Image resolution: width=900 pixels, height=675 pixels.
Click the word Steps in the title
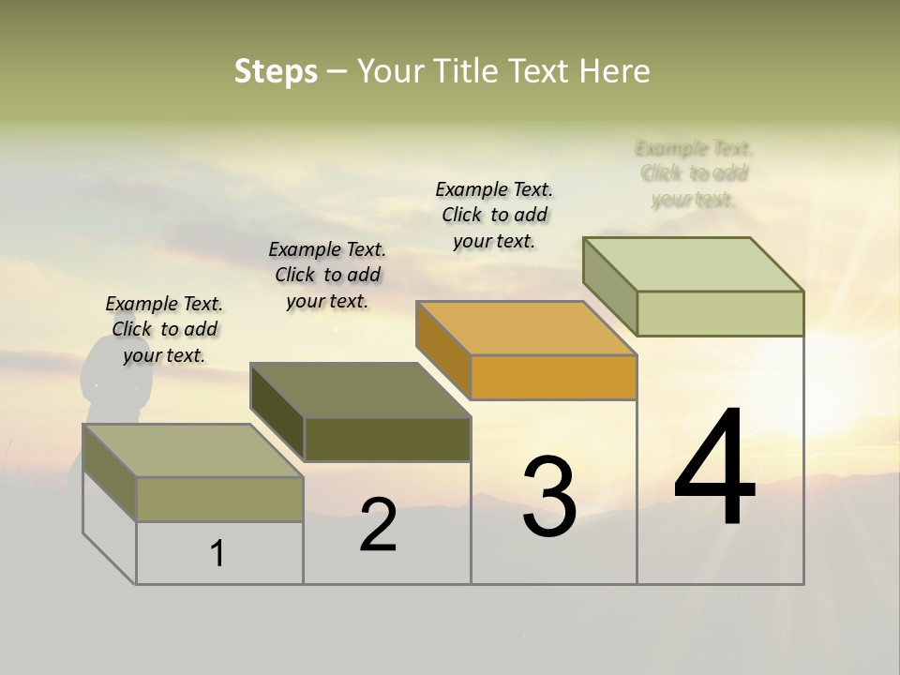click(276, 71)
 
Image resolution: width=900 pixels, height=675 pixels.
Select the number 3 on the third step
click(548, 497)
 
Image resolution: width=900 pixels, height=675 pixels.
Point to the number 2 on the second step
click(378, 525)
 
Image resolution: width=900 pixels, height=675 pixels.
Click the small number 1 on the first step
click(217, 553)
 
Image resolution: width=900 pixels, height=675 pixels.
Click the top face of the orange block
click(525, 328)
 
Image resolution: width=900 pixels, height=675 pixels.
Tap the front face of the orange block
click(553, 378)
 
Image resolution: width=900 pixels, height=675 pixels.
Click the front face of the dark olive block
click(387, 439)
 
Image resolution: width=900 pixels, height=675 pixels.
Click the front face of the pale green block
click(720, 313)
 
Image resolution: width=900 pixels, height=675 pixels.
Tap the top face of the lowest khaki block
click(192, 450)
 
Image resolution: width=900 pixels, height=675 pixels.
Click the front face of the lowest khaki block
click(219, 499)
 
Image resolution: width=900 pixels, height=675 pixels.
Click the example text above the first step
click(164, 329)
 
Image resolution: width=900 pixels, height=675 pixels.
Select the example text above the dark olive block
click(327, 275)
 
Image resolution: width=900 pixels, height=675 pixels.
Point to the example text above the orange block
click(494, 215)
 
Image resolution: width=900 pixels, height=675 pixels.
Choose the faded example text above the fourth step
click(694, 173)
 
